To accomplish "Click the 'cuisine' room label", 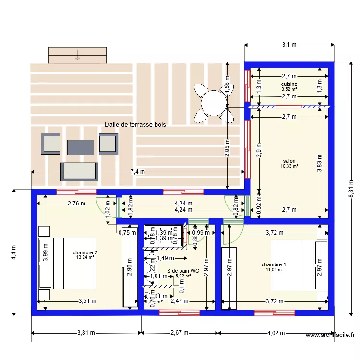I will (289, 84).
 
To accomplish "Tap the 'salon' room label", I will (289, 161).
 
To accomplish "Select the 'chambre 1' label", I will (274, 265).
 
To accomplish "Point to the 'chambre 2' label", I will (85, 252).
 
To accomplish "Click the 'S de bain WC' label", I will (183, 271).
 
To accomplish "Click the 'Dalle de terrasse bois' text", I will (135, 124).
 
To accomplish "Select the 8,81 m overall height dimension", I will (351, 189).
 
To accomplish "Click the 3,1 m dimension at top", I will (289, 45).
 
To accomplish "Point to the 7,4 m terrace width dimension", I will (138, 172).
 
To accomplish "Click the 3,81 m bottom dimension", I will (86, 333).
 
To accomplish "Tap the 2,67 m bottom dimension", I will (180, 333).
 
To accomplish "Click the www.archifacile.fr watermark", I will (330, 336).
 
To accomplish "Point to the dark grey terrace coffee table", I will (80, 147).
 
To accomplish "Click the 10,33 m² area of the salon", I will (289, 166).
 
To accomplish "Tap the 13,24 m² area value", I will (85, 257).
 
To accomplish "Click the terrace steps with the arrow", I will (77, 55).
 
